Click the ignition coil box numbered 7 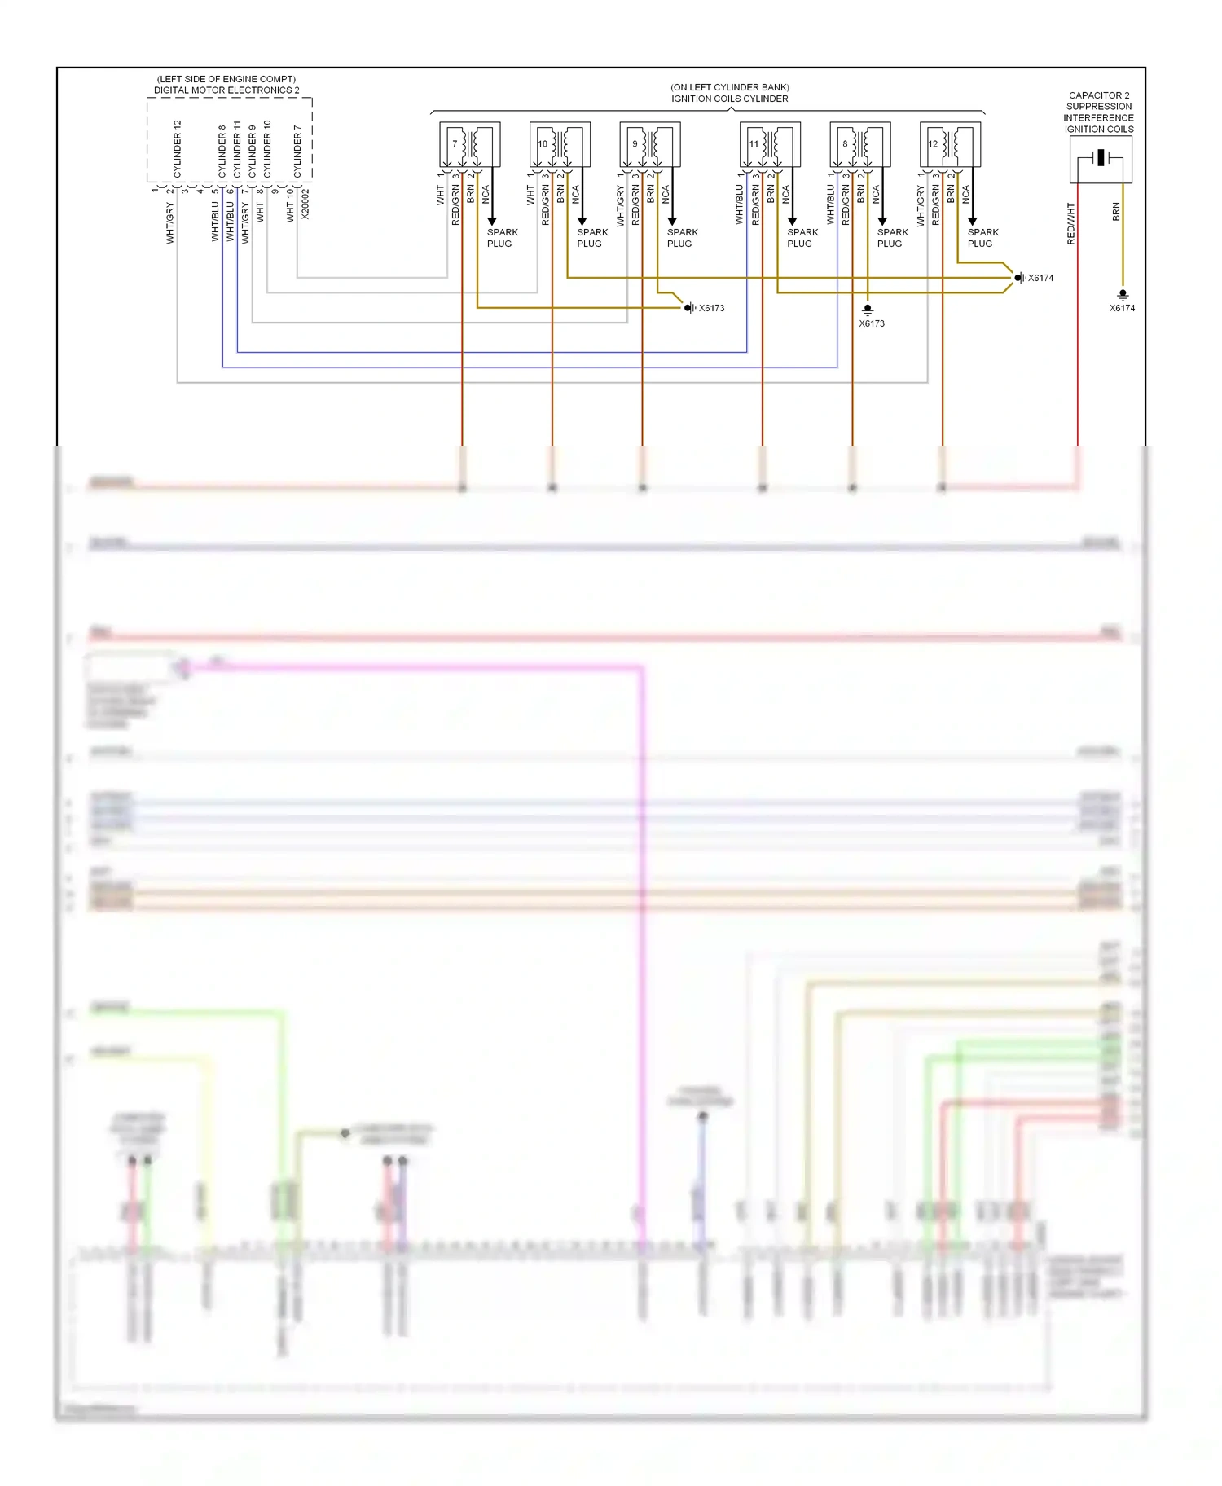coord(469,144)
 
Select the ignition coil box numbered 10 coord(560,144)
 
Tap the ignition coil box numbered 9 coord(649,144)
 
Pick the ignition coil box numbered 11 coord(770,144)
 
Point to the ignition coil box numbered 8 coord(859,144)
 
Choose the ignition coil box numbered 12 coord(950,144)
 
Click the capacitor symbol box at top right coord(1101,159)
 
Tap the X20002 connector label coord(305,204)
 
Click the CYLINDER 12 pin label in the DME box coord(178,149)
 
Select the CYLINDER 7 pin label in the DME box coord(297,152)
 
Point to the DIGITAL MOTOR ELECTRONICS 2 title coord(226,90)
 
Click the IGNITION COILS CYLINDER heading coord(729,99)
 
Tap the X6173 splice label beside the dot coord(711,308)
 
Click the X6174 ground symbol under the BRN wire coord(1123,294)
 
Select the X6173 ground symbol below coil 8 coord(868,310)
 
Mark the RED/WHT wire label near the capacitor coord(1071,224)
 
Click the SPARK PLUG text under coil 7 coord(502,238)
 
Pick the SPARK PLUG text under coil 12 coord(982,238)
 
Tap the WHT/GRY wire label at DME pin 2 coord(170,222)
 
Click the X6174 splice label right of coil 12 coord(1040,278)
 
